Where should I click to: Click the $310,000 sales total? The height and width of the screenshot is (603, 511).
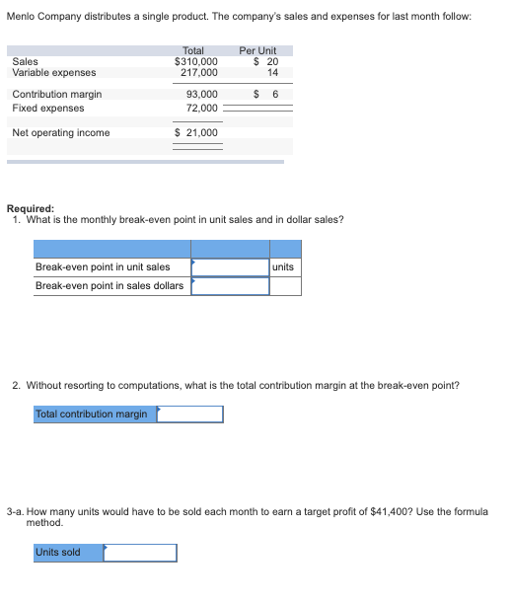click(x=196, y=61)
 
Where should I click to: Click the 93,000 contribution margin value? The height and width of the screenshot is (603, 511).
click(x=203, y=95)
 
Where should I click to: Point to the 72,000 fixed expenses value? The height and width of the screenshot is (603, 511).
click(x=203, y=108)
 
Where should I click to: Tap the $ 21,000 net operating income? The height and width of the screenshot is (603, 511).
click(x=196, y=133)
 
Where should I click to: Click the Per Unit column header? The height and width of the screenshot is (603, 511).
click(x=257, y=50)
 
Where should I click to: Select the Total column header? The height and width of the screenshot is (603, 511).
click(x=193, y=50)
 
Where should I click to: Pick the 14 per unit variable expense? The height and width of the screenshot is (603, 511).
click(x=273, y=72)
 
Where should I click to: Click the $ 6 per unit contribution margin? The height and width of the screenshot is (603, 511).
click(x=267, y=95)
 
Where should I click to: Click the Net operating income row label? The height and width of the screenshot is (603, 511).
click(x=61, y=133)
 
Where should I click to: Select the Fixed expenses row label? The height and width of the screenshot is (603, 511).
click(x=48, y=108)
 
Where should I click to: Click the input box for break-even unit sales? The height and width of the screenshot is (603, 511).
click(x=230, y=267)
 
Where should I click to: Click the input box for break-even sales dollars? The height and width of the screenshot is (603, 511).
click(x=230, y=286)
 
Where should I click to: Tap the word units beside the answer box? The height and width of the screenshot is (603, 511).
click(x=283, y=267)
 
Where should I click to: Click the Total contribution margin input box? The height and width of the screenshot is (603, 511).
click(x=189, y=415)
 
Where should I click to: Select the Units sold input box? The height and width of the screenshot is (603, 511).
click(x=140, y=553)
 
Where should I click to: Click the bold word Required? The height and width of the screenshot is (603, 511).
click(x=30, y=208)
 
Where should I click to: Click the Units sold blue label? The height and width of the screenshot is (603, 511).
click(x=58, y=553)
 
